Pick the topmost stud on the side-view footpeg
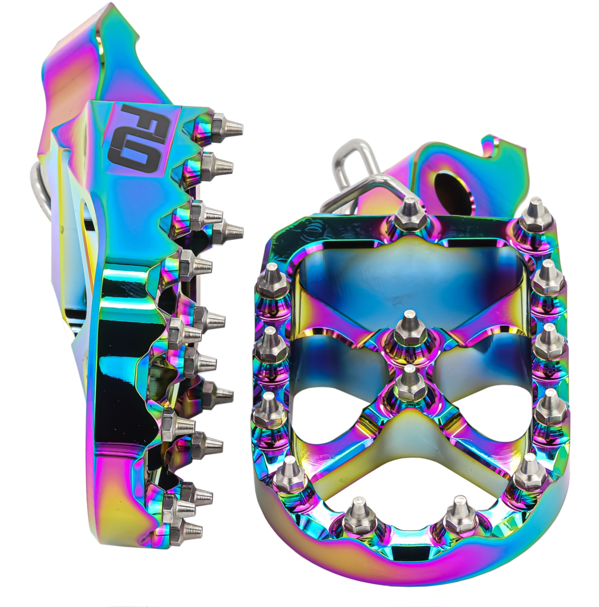[x=225, y=126]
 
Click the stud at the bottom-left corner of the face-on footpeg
[x=291, y=474]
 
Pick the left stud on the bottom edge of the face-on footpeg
[x=359, y=516]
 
